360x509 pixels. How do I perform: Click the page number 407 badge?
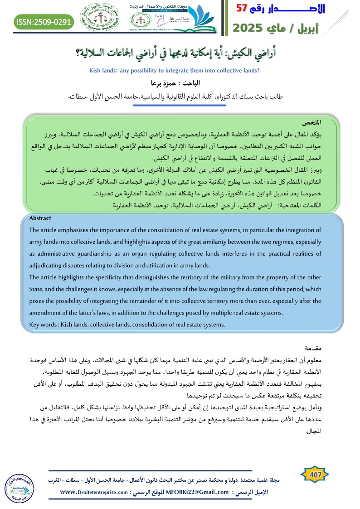pyautogui.click(x=315, y=475)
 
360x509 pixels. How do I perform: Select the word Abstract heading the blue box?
pyautogui.click(x=40, y=218)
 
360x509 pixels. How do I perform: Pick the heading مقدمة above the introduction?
pyautogui.click(x=323, y=348)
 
